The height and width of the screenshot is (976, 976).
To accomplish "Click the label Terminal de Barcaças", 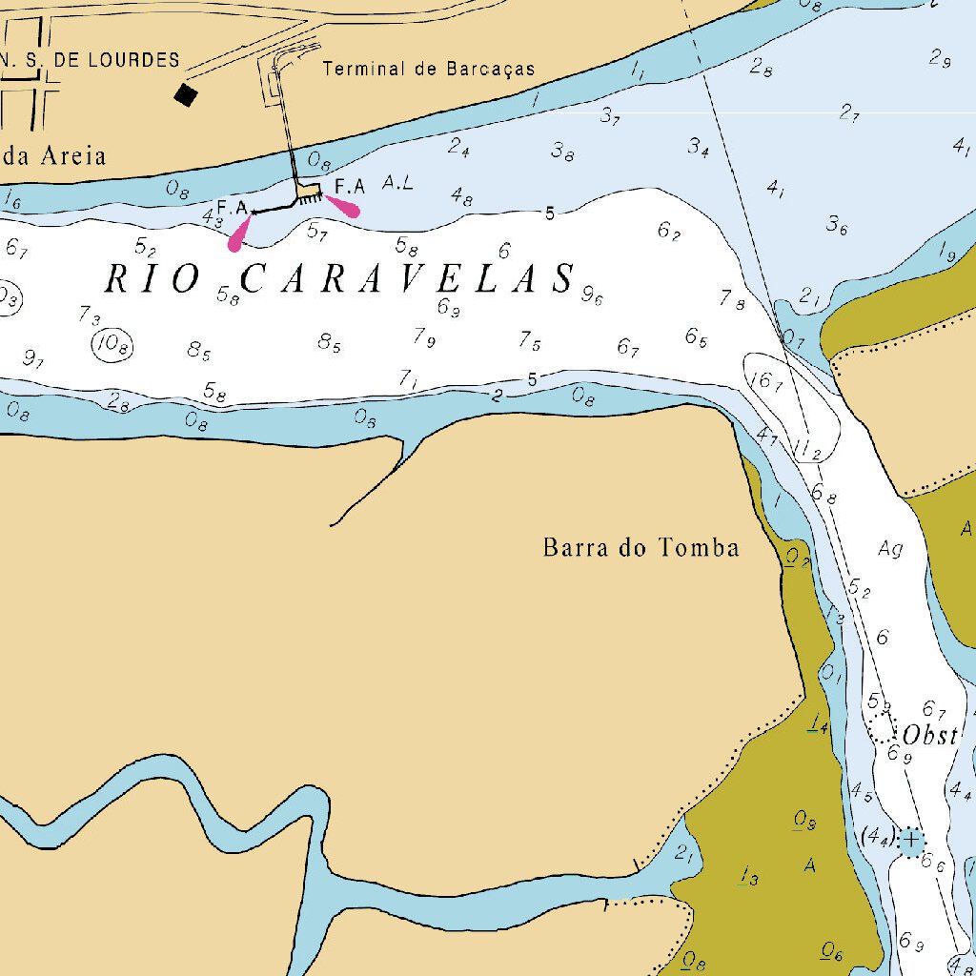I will pos(428,69).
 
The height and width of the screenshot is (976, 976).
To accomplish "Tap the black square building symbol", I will pos(186,94).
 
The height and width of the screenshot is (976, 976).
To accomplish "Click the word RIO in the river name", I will pos(152,279).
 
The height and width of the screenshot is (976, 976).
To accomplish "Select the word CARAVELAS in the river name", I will pos(408,279).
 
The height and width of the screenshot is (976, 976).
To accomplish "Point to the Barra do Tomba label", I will pos(640,547).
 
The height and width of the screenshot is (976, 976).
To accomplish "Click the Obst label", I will pos(929,735).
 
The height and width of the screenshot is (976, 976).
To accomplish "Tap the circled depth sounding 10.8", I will pos(112,344).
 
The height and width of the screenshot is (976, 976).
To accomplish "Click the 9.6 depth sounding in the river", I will pos(592,296).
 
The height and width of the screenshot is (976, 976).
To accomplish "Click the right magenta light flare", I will pos(344,206).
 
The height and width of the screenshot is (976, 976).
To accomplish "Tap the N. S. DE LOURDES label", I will pos(90,60).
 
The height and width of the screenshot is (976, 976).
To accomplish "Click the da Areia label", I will pos(53,155).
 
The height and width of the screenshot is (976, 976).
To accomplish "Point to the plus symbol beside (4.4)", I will pos(911,841).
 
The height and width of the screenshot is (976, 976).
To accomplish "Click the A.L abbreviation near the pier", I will pos(397,182).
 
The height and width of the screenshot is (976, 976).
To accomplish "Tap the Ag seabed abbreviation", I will pos(890,549).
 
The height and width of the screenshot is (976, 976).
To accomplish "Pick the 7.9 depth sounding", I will pos(424,336).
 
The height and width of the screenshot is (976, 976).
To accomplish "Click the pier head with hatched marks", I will pos(308,193).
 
